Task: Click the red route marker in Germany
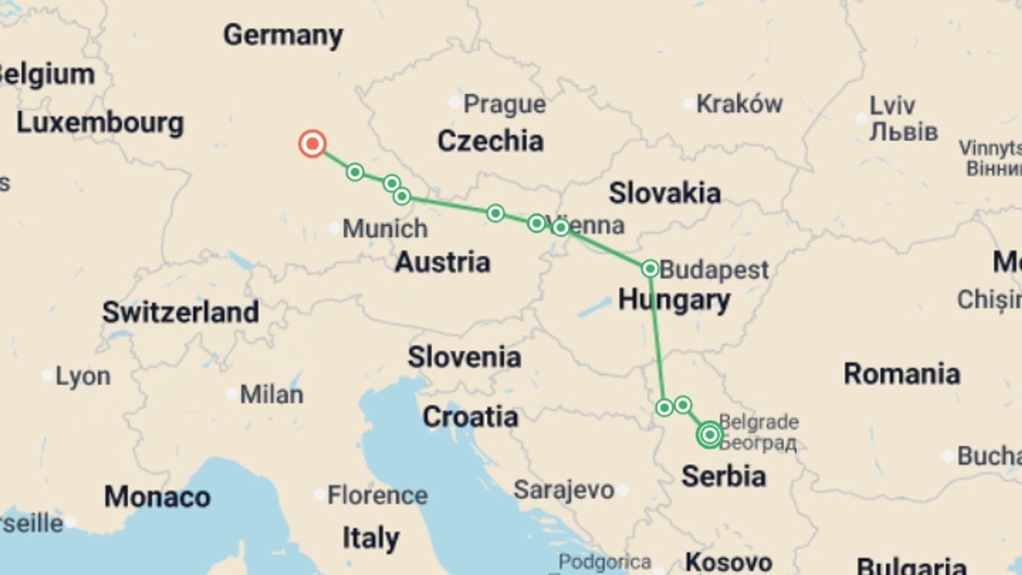[312, 144]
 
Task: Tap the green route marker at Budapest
[650, 268]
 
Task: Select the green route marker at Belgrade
[710, 435]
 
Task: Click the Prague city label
[504, 104]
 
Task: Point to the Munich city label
[384, 229]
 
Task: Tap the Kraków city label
[739, 104]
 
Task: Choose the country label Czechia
[490, 141]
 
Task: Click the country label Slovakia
[665, 193]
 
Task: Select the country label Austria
[442, 262]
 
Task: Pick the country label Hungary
[674, 300]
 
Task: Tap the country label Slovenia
[464, 357]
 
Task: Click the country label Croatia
[470, 417]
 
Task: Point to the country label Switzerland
[180, 312]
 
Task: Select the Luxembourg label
[100, 123]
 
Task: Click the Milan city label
[271, 395]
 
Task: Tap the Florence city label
[377, 495]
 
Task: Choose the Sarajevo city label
[564, 490]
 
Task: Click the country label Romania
[902, 374]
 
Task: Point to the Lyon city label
[83, 376]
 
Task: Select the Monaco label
[157, 497]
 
